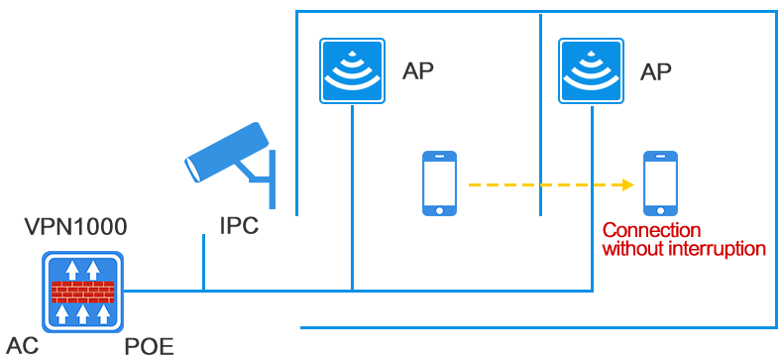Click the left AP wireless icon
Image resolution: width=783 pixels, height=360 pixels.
pos(352,70)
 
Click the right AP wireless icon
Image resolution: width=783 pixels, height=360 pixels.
pos(591,70)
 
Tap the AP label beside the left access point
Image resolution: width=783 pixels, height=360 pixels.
pos(417,70)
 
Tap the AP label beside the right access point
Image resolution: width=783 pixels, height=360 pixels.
pos(656,71)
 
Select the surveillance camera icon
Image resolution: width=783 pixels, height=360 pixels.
pos(230,160)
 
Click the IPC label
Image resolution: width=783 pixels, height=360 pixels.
pos(239,226)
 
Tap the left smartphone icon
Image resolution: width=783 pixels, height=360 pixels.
pos(439,183)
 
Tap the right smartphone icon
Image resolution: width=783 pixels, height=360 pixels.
pos(660,183)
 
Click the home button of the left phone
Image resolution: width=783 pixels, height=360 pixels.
pos(439,210)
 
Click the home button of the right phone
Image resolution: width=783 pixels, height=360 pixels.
pos(660,210)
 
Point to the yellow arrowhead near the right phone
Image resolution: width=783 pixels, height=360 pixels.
pos(628,184)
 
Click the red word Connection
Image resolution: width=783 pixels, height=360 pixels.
pos(645,231)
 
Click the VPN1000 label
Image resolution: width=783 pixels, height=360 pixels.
pos(75,226)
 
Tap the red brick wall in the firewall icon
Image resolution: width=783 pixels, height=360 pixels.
pos(82,292)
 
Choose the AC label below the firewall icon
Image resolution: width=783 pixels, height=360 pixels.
pos(22,346)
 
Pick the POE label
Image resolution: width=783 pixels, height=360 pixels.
pos(149,346)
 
